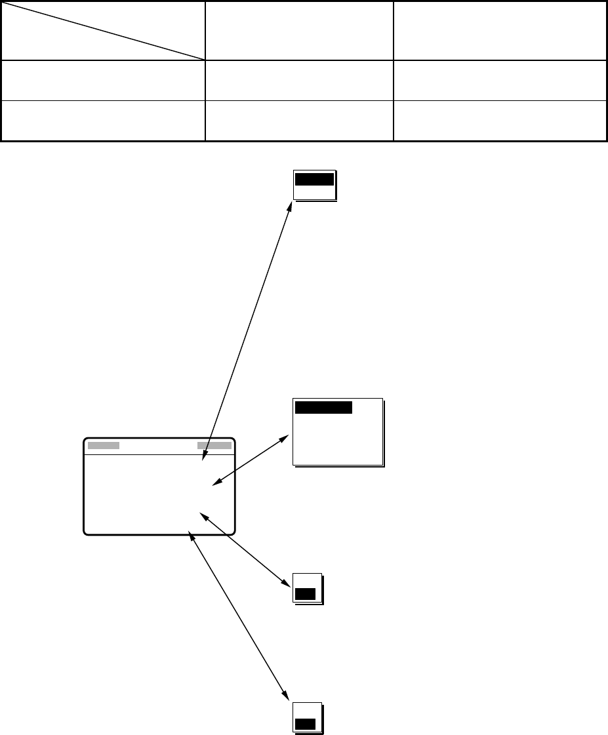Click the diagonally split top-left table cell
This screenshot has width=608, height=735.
pos(103,30)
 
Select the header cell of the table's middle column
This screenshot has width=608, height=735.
pos(299,30)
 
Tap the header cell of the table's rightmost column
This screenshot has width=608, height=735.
pos(499,30)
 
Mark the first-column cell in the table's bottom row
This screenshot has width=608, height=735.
pos(103,120)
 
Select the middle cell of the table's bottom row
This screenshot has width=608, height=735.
pos(299,120)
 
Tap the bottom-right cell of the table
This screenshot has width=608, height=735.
pos(499,120)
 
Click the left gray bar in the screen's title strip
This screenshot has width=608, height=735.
pos(104,445)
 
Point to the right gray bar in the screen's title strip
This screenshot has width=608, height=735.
pos(214,445)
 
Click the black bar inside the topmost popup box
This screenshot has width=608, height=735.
pos(315,180)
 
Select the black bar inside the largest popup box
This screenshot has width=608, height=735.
pos(324,407)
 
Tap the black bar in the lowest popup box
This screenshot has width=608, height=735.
pos(305,724)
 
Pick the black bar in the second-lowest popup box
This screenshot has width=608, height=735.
pos(305,594)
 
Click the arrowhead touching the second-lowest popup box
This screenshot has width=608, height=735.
pos(287,582)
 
